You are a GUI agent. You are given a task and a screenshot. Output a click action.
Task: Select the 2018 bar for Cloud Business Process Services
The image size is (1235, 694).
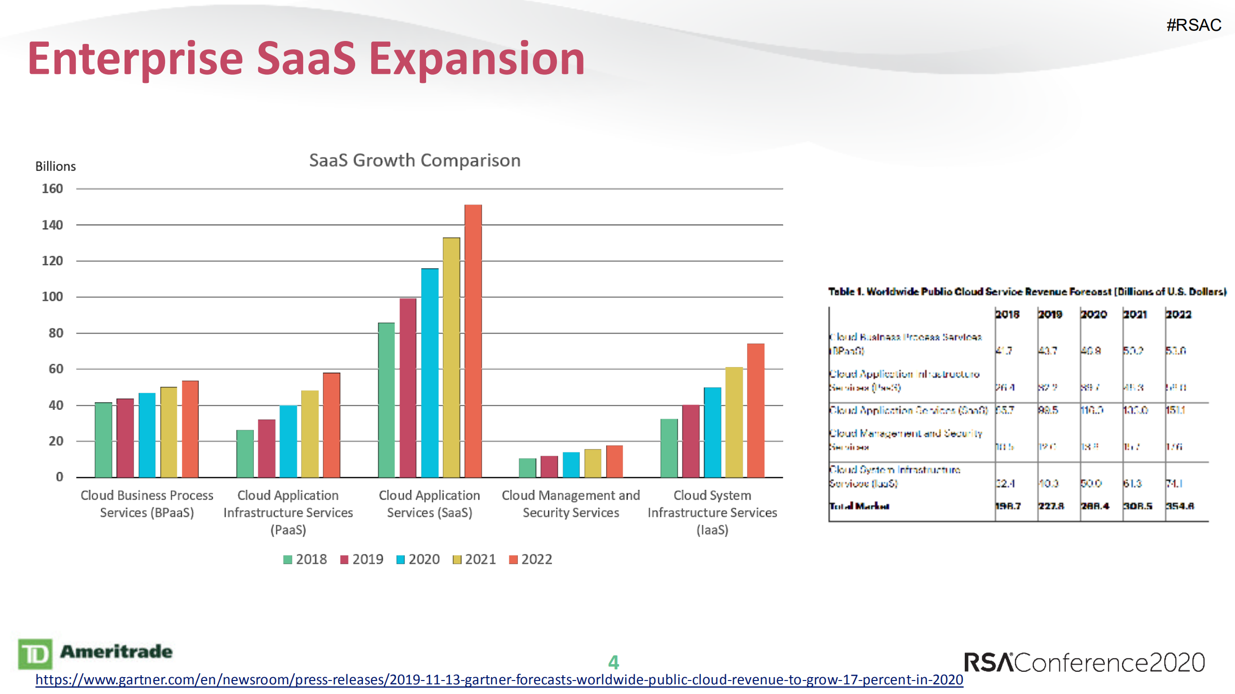point(103,439)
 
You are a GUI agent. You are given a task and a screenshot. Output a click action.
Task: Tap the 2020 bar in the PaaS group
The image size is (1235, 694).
point(288,441)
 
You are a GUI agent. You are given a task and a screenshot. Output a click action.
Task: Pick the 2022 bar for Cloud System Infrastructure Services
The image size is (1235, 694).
point(755,410)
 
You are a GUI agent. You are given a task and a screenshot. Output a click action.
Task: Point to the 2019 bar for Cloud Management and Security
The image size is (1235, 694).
point(549,466)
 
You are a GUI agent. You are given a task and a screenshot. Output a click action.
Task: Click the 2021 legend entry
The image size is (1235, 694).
point(474,559)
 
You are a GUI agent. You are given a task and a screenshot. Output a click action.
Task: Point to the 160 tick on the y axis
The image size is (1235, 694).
point(52,189)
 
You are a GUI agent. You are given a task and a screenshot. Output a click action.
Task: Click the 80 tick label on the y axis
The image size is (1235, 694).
point(56,333)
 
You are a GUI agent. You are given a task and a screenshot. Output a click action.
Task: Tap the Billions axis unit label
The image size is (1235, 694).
point(56,166)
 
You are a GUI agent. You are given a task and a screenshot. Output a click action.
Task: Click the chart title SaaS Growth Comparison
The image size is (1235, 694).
point(415,160)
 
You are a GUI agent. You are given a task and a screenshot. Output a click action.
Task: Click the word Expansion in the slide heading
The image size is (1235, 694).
point(477,59)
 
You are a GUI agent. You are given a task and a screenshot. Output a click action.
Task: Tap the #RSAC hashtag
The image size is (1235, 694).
point(1193,25)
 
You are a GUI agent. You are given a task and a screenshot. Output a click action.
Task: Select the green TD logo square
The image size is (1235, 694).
point(35,653)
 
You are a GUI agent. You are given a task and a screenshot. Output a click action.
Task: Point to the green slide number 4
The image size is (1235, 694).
point(613,662)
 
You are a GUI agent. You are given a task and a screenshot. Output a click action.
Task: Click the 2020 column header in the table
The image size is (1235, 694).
point(1093,314)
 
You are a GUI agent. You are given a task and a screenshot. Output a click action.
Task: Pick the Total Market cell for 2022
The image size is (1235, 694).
point(1179,506)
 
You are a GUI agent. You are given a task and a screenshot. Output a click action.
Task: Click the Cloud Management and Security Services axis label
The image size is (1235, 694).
point(570,503)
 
